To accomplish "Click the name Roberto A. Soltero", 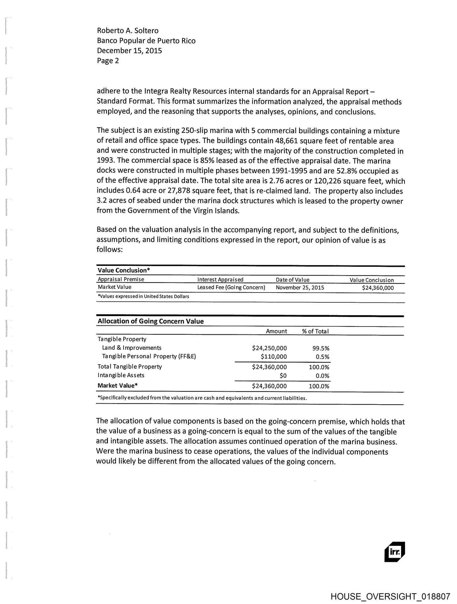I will (128, 31).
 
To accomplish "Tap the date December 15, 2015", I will (129, 51).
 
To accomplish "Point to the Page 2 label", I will (108, 61).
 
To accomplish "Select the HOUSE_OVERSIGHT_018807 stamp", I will (390, 596).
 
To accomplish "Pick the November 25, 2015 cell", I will (300, 288).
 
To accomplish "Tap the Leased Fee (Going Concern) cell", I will (231, 287).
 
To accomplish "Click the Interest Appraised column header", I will (220, 279).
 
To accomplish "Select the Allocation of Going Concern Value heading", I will (151, 321).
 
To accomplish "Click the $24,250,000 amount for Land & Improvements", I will (269, 348).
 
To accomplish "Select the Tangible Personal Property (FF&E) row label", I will (149, 356).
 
